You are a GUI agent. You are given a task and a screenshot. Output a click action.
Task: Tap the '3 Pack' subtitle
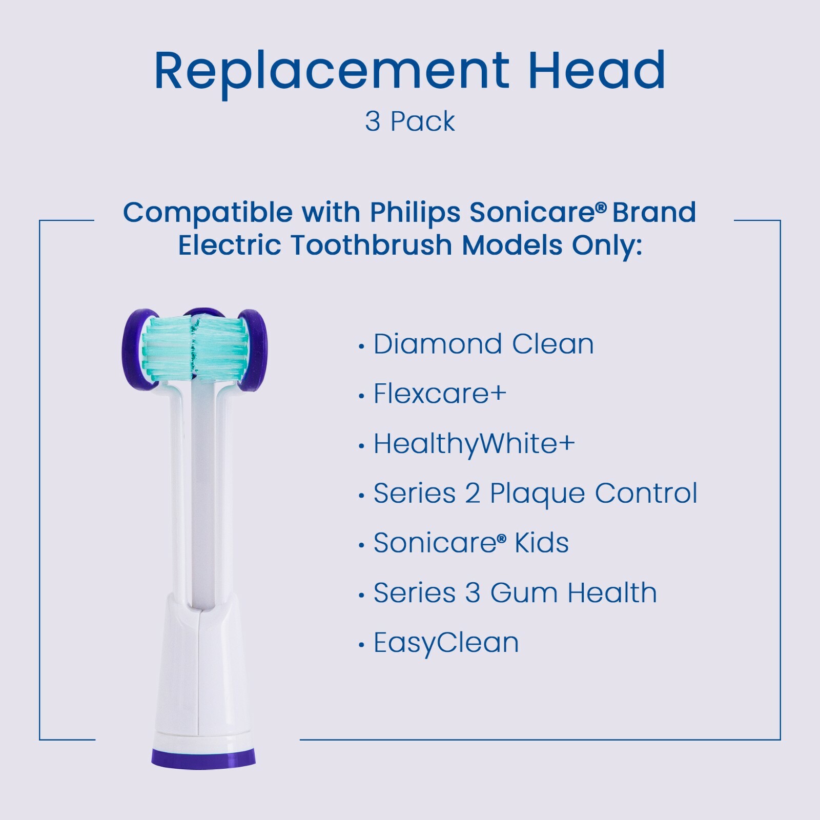(x=409, y=122)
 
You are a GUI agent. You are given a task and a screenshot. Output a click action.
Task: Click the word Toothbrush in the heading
(x=372, y=245)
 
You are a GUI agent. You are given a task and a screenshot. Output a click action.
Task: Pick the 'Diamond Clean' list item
(x=483, y=344)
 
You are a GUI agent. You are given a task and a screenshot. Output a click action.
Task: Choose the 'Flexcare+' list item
(x=440, y=394)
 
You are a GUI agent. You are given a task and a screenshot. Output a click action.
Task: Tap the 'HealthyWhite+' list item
(x=474, y=444)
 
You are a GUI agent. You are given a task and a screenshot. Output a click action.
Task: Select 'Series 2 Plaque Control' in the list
(x=535, y=493)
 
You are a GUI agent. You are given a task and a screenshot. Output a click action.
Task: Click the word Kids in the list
(x=541, y=543)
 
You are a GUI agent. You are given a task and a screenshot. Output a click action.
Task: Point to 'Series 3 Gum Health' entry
(x=515, y=593)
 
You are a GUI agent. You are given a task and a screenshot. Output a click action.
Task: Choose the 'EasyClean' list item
(x=446, y=643)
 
